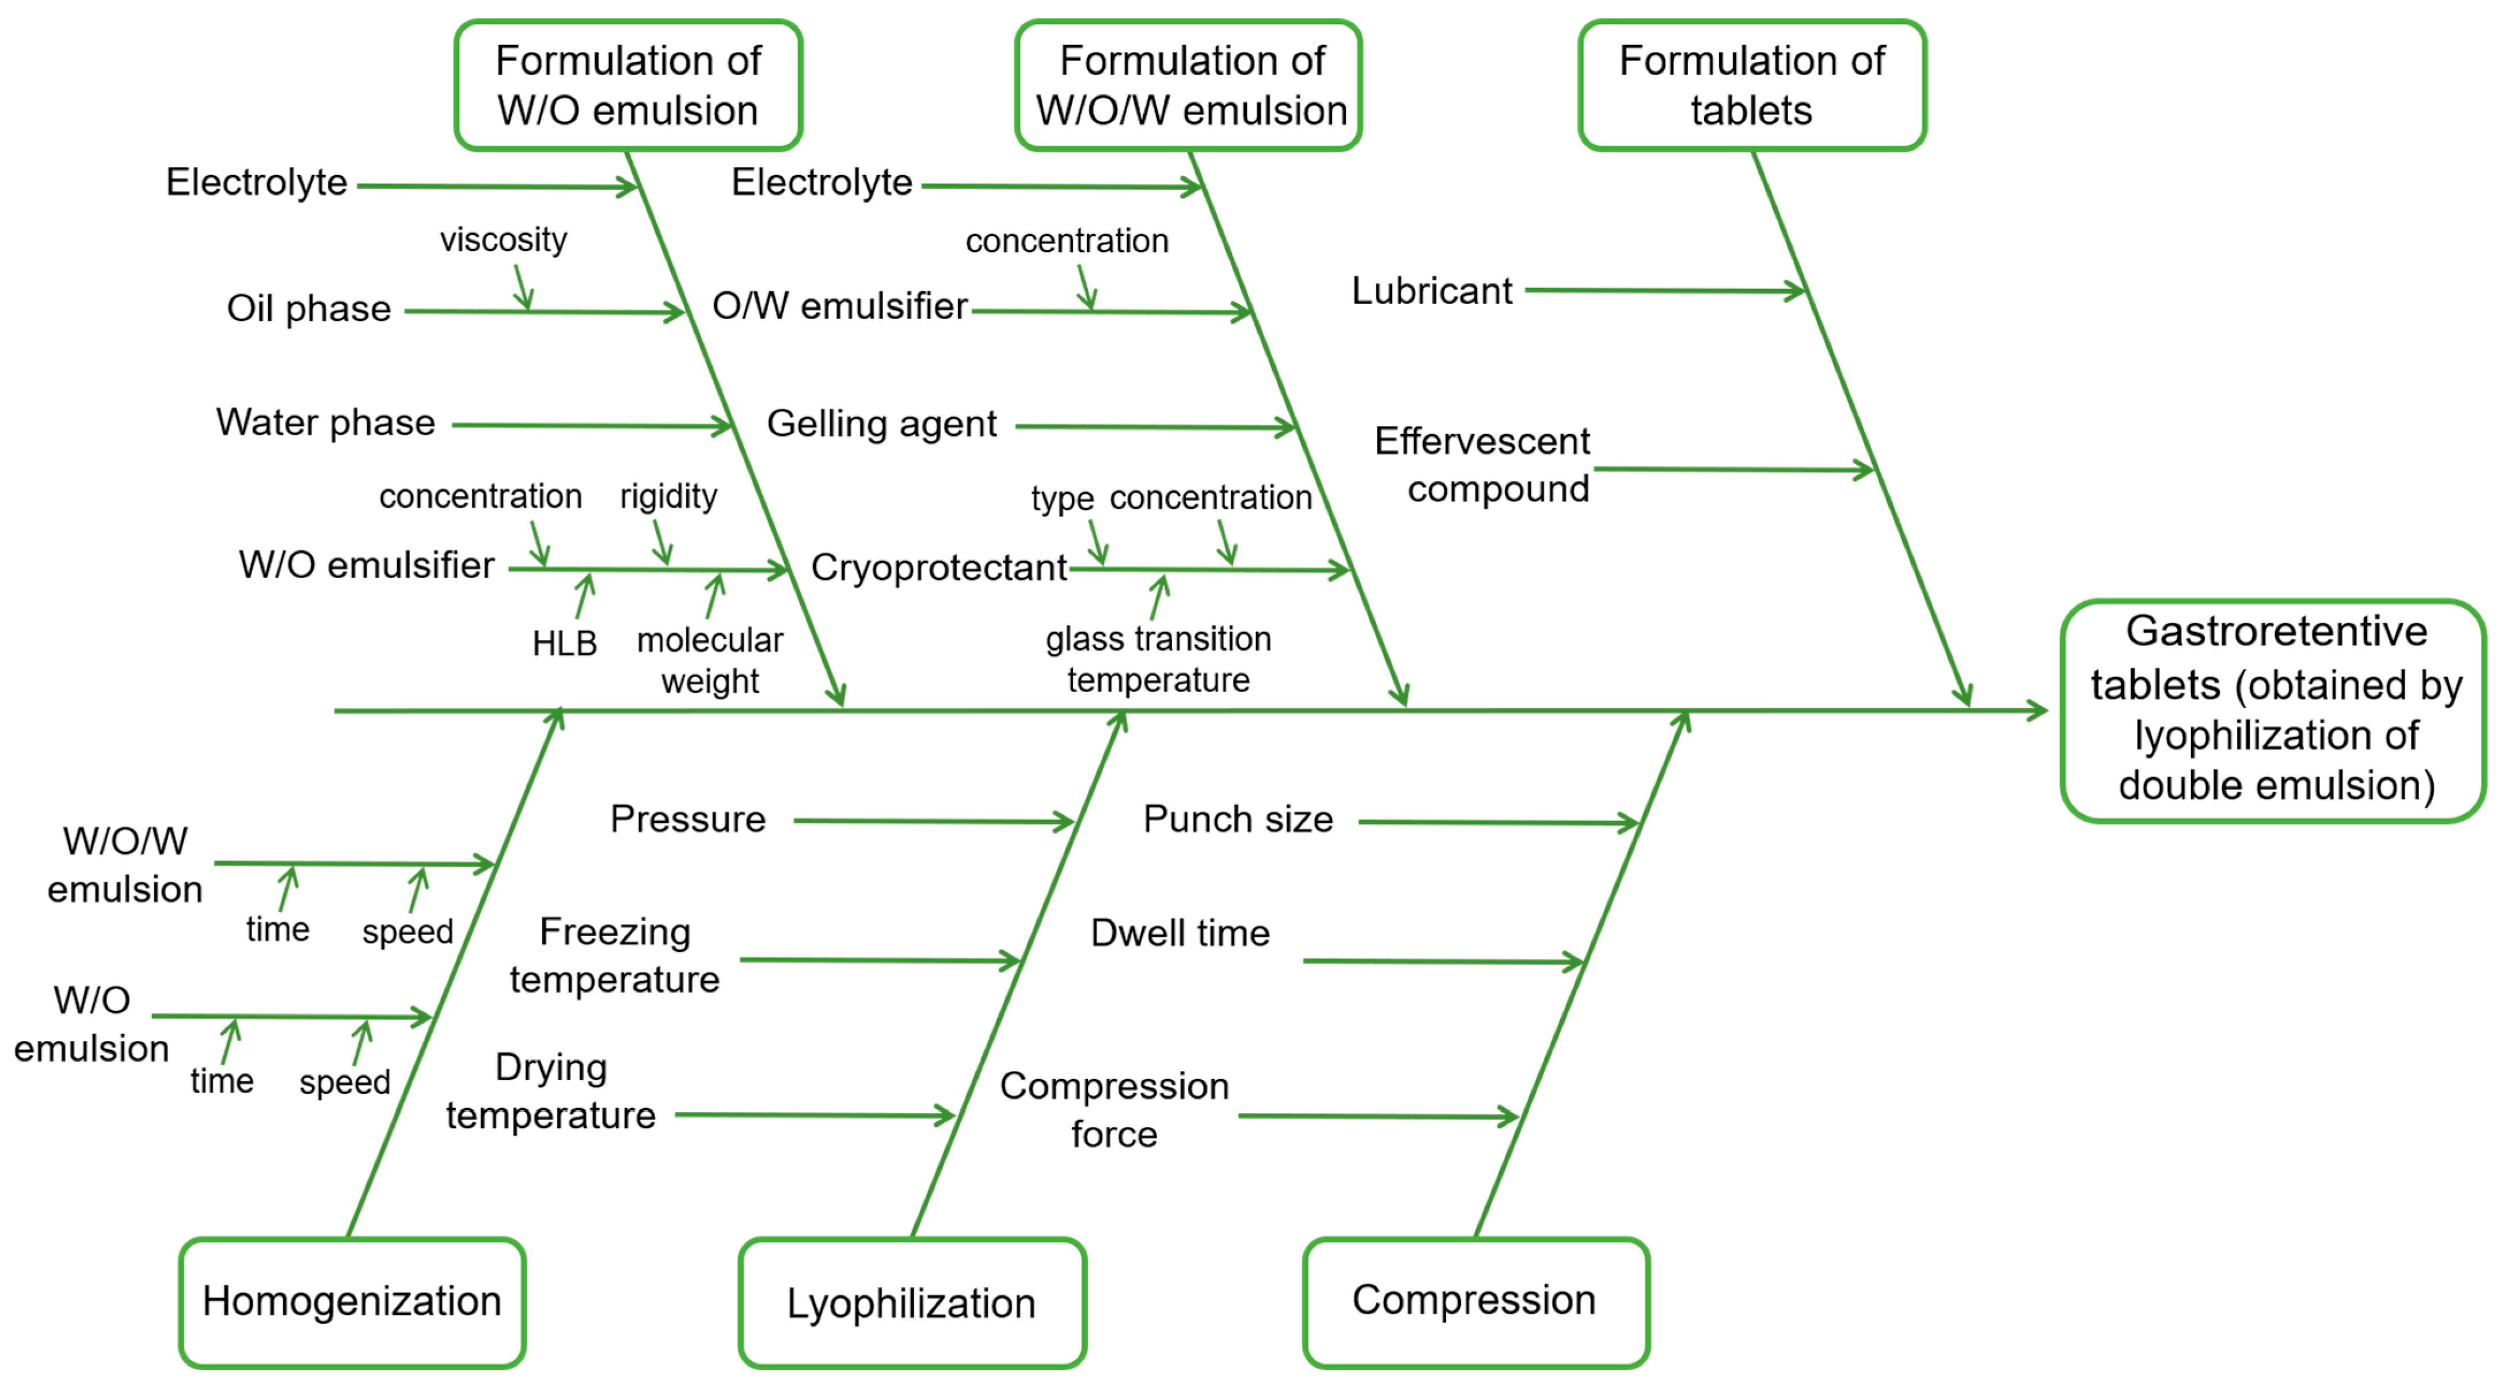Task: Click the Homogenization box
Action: pyautogui.click(x=352, y=1302)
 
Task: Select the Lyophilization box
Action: pyautogui.click(x=911, y=1302)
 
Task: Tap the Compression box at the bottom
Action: pyautogui.click(x=1474, y=1301)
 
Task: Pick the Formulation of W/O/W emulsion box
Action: pyautogui.click(x=1191, y=85)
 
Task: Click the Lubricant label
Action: pyautogui.click(x=1432, y=290)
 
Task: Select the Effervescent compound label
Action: pyautogui.click(x=1483, y=464)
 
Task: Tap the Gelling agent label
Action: pyautogui.click(x=881, y=424)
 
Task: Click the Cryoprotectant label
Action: pyautogui.click(x=938, y=567)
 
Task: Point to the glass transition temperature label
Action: pyautogui.click(x=1158, y=659)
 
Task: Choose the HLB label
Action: pyautogui.click(x=564, y=643)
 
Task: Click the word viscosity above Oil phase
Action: pyautogui.click(x=503, y=239)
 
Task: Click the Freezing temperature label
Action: pyautogui.click(x=615, y=955)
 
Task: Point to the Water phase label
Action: pyautogui.click(x=325, y=423)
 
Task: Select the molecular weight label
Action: pyautogui.click(x=710, y=660)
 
